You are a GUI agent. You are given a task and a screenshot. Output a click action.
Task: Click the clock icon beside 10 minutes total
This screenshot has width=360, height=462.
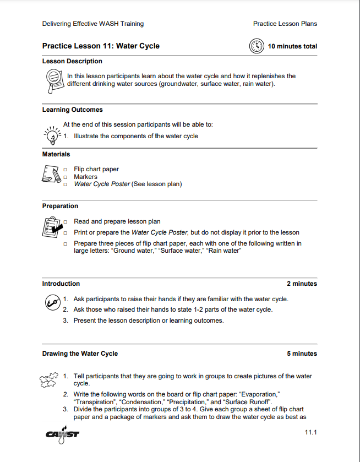tap(257, 46)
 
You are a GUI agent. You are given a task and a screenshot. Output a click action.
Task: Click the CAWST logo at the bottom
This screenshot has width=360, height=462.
tap(63, 433)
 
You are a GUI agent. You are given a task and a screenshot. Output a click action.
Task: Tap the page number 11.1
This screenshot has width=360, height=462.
tap(311, 433)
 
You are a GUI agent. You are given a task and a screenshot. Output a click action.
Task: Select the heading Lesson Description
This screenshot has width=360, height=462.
tap(72, 61)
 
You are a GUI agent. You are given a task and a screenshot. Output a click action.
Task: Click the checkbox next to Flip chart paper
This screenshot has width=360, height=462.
tap(66, 170)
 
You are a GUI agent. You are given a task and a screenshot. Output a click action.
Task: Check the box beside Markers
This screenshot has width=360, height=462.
tap(66, 177)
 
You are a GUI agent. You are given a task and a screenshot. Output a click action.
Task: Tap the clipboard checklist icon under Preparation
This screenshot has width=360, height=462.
tap(52, 227)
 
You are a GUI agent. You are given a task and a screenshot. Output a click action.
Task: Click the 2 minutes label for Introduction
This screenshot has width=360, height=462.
tap(302, 284)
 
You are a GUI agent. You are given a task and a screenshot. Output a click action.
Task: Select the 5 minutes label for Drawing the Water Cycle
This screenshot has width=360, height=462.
tap(302, 354)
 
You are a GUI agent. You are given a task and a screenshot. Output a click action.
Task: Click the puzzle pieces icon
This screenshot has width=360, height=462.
tap(48, 379)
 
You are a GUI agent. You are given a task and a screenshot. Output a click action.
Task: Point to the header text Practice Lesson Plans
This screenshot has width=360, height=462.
tap(285, 24)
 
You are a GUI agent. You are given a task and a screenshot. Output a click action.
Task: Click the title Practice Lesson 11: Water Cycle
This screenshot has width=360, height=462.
tap(101, 46)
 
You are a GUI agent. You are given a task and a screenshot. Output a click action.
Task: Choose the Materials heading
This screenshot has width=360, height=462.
tap(56, 154)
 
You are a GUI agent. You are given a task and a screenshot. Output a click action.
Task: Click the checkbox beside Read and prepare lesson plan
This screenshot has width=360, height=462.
tap(66, 222)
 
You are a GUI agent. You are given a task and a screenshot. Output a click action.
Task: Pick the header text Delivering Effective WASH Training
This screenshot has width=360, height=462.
tap(93, 24)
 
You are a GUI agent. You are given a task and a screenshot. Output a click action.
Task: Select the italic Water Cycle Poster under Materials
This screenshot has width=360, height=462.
tap(102, 184)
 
